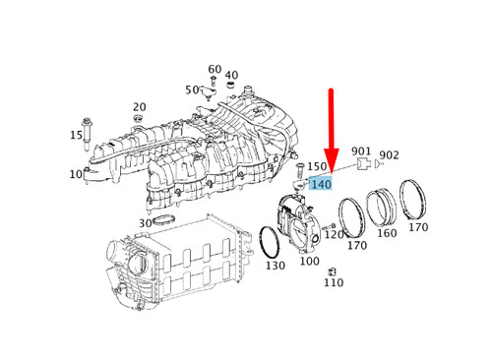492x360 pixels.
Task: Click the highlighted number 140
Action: click(x=320, y=184)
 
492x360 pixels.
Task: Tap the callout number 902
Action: click(x=389, y=154)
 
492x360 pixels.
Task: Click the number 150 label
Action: click(x=316, y=167)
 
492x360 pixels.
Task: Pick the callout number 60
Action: click(x=215, y=70)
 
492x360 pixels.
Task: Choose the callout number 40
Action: click(x=231, y=76)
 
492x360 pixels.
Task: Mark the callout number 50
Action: click(x=192, y=90)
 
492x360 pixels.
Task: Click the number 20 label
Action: click(x=139, y=107)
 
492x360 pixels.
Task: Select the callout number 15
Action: click(x=76, y=135)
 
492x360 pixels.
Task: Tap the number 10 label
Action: click(x=76, y=174)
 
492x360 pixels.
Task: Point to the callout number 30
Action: click(x=145, y=223)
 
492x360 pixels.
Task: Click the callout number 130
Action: click(x=275, y=266)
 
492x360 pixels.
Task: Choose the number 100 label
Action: click(x=309, y=262)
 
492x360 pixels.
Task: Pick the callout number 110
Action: click(x=334, y=282)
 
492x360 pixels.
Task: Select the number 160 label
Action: click(x=387, y=233)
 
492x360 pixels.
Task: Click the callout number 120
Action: click(x=335, y=234)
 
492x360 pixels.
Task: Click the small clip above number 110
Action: click(x=333, y=270)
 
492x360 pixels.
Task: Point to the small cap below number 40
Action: click(x=230, y=87)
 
